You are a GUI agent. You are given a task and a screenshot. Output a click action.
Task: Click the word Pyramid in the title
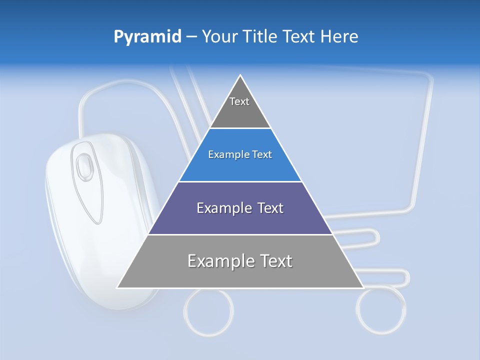147,36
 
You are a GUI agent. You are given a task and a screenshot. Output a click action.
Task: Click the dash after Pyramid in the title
191,37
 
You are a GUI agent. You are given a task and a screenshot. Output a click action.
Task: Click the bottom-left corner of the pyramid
118,287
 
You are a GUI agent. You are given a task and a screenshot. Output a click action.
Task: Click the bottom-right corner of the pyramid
362,287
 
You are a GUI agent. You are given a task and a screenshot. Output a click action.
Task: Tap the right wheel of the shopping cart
381,310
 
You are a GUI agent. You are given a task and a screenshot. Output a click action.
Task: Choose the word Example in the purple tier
222,208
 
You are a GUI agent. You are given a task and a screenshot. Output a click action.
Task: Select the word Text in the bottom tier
274,261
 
